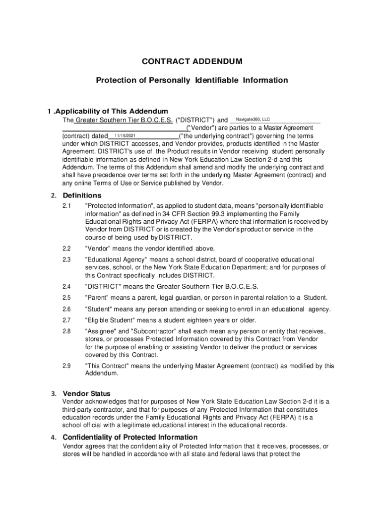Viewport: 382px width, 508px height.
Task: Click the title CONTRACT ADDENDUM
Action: (192, 62)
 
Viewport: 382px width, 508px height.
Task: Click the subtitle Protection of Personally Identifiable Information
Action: (191, 80)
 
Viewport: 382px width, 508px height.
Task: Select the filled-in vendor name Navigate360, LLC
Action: (253, 119)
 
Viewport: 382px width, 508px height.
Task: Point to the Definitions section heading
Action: (82, 195)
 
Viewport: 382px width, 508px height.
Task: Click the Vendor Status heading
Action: (86, 393)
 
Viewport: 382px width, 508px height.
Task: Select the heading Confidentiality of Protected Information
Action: (130, 437)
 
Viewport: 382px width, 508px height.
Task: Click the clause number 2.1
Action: (67, 205)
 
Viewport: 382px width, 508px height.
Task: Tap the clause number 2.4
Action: (67, 286)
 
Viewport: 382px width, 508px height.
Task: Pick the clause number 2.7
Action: (67, 320)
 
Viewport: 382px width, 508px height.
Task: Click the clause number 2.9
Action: (67, 366)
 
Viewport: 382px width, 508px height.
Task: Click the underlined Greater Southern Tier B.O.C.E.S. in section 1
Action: (124, 121)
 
